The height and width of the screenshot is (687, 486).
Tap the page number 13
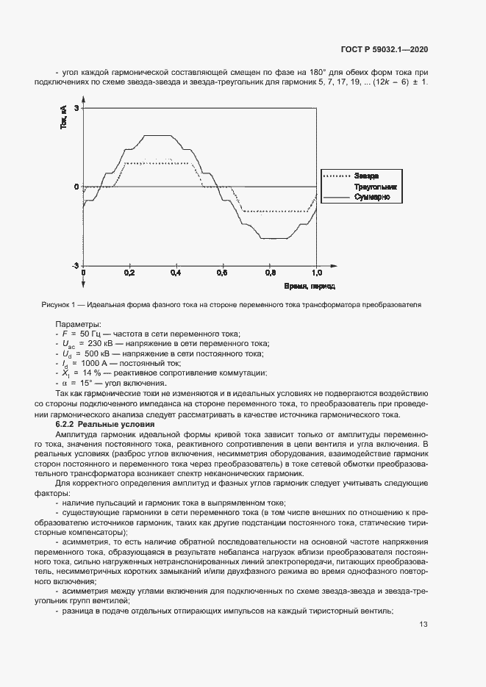tap(424, 625)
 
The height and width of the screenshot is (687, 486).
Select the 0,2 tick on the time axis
tap(129, 273)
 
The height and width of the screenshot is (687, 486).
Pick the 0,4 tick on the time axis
tap(176, 273)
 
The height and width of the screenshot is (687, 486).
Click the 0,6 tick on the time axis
tap(222, 273)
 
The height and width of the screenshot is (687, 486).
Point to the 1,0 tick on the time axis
tap(316, 273)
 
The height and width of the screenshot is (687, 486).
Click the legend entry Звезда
tap(366, 176)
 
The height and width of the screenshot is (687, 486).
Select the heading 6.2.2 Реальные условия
tap(96, 425)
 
